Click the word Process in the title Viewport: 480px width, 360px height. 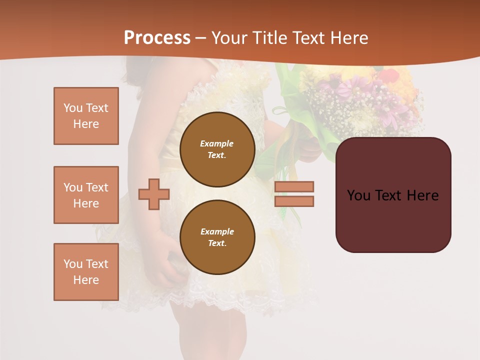point(157,38)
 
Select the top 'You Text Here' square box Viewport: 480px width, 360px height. point(86,116)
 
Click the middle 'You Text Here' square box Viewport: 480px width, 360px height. point(86,195)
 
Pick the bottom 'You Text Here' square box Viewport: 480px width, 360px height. point(86,272)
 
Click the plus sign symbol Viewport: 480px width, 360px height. point(154,194)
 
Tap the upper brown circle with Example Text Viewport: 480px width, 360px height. point(217,149)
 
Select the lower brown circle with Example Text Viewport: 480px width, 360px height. point(217,237)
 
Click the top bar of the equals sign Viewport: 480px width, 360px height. point(294,186)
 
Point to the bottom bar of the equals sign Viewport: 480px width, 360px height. point(294,201)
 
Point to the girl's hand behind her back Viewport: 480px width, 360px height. point(170,267)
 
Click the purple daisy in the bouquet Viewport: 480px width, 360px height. point(345,92)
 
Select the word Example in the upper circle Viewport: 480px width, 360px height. point(217,143)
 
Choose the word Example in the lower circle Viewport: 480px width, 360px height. point(217,231)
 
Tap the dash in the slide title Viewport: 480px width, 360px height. point(201,38)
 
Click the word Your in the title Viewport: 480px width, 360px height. point(227,38)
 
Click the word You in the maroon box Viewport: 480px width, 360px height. point(358,195)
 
